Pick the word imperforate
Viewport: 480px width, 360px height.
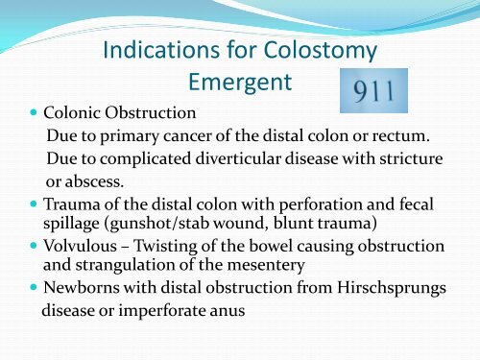(x=145, y=310)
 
